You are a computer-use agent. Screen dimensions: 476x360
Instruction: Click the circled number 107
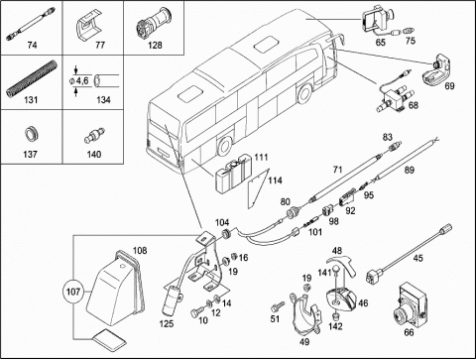(x=73, y=292)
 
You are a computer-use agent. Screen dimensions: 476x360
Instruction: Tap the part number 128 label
(x=155, y=45)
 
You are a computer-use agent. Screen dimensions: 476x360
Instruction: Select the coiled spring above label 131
(x=32, y=78)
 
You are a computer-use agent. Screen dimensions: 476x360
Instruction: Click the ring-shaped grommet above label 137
(x=32, y=135)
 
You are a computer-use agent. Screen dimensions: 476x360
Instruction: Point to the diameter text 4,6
(x=82, y=80)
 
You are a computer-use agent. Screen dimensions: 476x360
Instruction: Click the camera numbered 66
(x=410, y=304)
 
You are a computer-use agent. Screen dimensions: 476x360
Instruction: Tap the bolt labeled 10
(x=196, y=311)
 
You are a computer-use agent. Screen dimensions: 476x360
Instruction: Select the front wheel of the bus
(x=303, y=93)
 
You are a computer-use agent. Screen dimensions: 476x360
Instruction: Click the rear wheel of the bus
(x=225, y=146)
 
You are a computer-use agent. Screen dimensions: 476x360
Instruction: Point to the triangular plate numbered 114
(x=257, y=188)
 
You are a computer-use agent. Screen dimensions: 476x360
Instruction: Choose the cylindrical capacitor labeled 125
(x=172, y=300)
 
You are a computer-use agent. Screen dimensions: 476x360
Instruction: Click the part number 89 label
(x=410, y=170)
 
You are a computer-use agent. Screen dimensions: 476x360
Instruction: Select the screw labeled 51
(x=277, y=306)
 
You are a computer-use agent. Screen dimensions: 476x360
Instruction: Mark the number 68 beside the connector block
(x=414, y=105)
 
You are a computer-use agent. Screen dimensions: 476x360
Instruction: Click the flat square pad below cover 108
(x=109, y=338)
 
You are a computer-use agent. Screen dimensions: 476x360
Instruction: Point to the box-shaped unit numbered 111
(x=233, y=175)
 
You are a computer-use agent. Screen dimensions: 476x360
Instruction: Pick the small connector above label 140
(x=94, y=136)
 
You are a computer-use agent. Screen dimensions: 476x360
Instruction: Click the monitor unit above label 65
(x=377, y=20)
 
